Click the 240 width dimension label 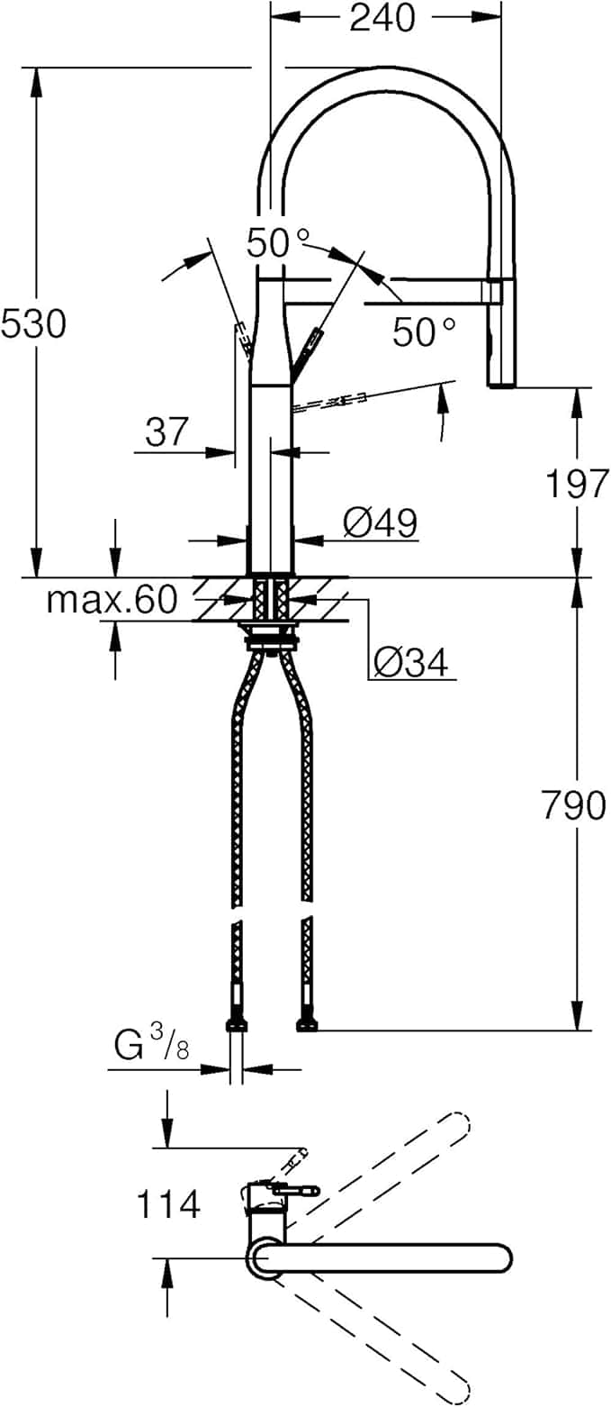[x=382, y=17]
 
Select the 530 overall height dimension [x=33, y=323]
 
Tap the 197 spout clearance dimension [x=576, y=485]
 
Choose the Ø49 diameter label [x=380, y=522]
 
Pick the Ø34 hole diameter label [x=410, y=664]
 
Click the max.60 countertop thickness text [x=112, y=599]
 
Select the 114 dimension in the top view [x=168, y=1203]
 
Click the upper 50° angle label [x=278, y=242]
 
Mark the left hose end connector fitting [x=237, y=1024]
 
